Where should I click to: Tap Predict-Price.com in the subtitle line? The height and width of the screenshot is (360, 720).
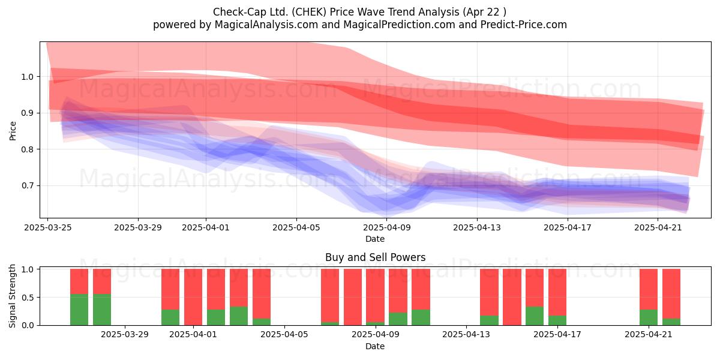coord(524,25)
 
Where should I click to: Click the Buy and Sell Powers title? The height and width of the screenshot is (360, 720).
coord(375,257)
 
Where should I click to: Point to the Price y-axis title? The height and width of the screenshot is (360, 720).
coord(13,131)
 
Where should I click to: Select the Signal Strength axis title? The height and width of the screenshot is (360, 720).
coord(12,296)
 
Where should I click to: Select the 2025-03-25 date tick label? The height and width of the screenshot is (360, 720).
coord(48,227)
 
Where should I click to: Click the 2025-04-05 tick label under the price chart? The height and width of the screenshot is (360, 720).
coord(296,227)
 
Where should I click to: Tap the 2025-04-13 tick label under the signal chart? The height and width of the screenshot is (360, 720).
coord(466,335)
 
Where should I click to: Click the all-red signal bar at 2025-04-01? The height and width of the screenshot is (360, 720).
coord(193,297)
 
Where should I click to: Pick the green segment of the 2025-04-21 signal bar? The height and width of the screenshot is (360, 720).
coord(649,317)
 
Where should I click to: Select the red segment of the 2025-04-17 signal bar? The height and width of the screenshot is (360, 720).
coord(557,292)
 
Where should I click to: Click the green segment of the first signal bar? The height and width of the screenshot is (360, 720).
coord(79,310)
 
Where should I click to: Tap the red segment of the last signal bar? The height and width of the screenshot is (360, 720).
coord(671,294)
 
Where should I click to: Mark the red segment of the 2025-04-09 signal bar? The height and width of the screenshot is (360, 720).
coord(375,295)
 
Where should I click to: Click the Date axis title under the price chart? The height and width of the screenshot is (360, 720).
coord(375,239)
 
